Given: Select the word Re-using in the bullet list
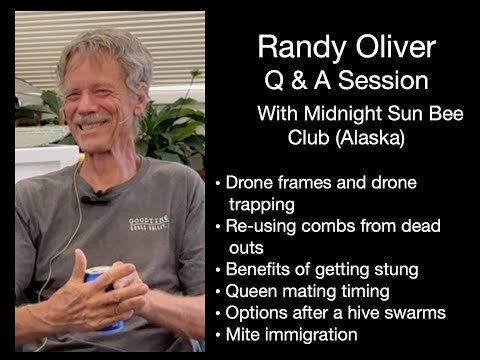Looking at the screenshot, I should point(258,225).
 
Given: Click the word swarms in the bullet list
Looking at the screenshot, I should point(415,313).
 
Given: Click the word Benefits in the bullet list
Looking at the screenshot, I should point(258,269).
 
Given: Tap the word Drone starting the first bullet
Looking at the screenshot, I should point(249,182).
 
